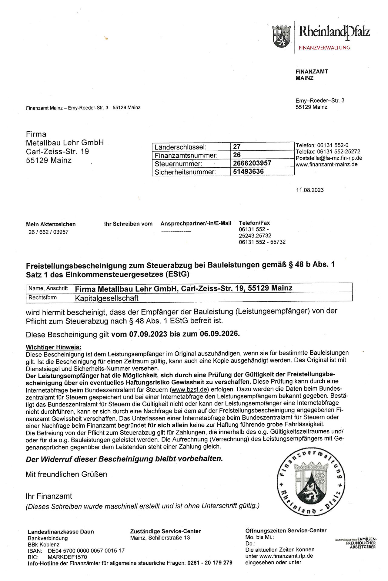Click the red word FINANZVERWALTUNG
[x=324, y=48]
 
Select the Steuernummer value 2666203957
[x=252, y=163]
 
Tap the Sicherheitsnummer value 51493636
[x=248, y=171]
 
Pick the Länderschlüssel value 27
[x=237, y=147]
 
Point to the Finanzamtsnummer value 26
[x=237, y=155]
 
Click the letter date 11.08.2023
[x=310, y=190]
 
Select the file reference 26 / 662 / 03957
[x=48, y=232]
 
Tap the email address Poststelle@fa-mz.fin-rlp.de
[x=329, y=158]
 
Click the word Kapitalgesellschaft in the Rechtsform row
[x=106, y=298]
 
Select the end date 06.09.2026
[x=219, y=334]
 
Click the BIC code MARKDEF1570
[x=67, y=557]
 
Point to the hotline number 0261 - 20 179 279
[x=210, y=563]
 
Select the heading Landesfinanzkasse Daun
[x=61, y=532]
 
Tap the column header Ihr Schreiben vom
[x=128, y=224]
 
